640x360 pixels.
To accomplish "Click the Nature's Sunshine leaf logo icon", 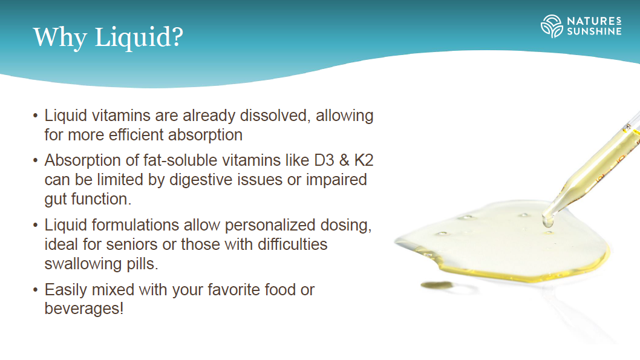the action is coord(552,26).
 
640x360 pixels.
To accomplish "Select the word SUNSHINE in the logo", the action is coord(594,31).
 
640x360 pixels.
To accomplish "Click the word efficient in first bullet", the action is coord(136,135).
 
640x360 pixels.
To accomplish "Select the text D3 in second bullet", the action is coord(324,160).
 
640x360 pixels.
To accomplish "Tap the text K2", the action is coord(364,160).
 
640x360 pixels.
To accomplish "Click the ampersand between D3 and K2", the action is coord(344,160).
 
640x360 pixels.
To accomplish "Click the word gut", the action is coord(56,200).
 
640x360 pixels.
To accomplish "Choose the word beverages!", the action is coord(83,308).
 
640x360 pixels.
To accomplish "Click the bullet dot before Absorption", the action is coord(36,160).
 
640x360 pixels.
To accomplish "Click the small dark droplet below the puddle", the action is coord(437,285).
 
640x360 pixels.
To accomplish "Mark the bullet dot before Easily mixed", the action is coord(36,290).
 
